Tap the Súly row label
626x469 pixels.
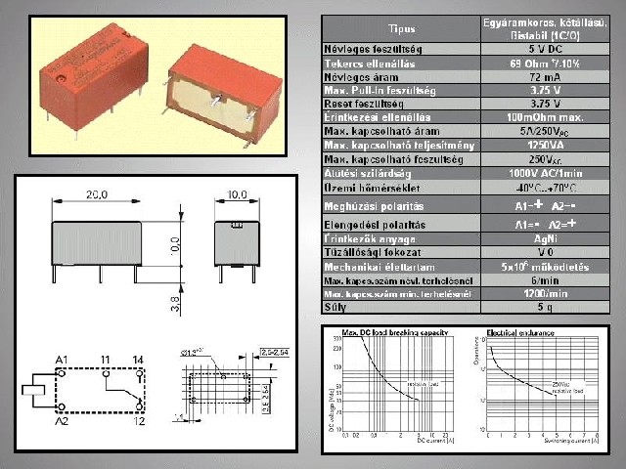[x=336, y=307]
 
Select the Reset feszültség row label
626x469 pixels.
[x=366, y=103]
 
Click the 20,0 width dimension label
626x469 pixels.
[x=94, y=194]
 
